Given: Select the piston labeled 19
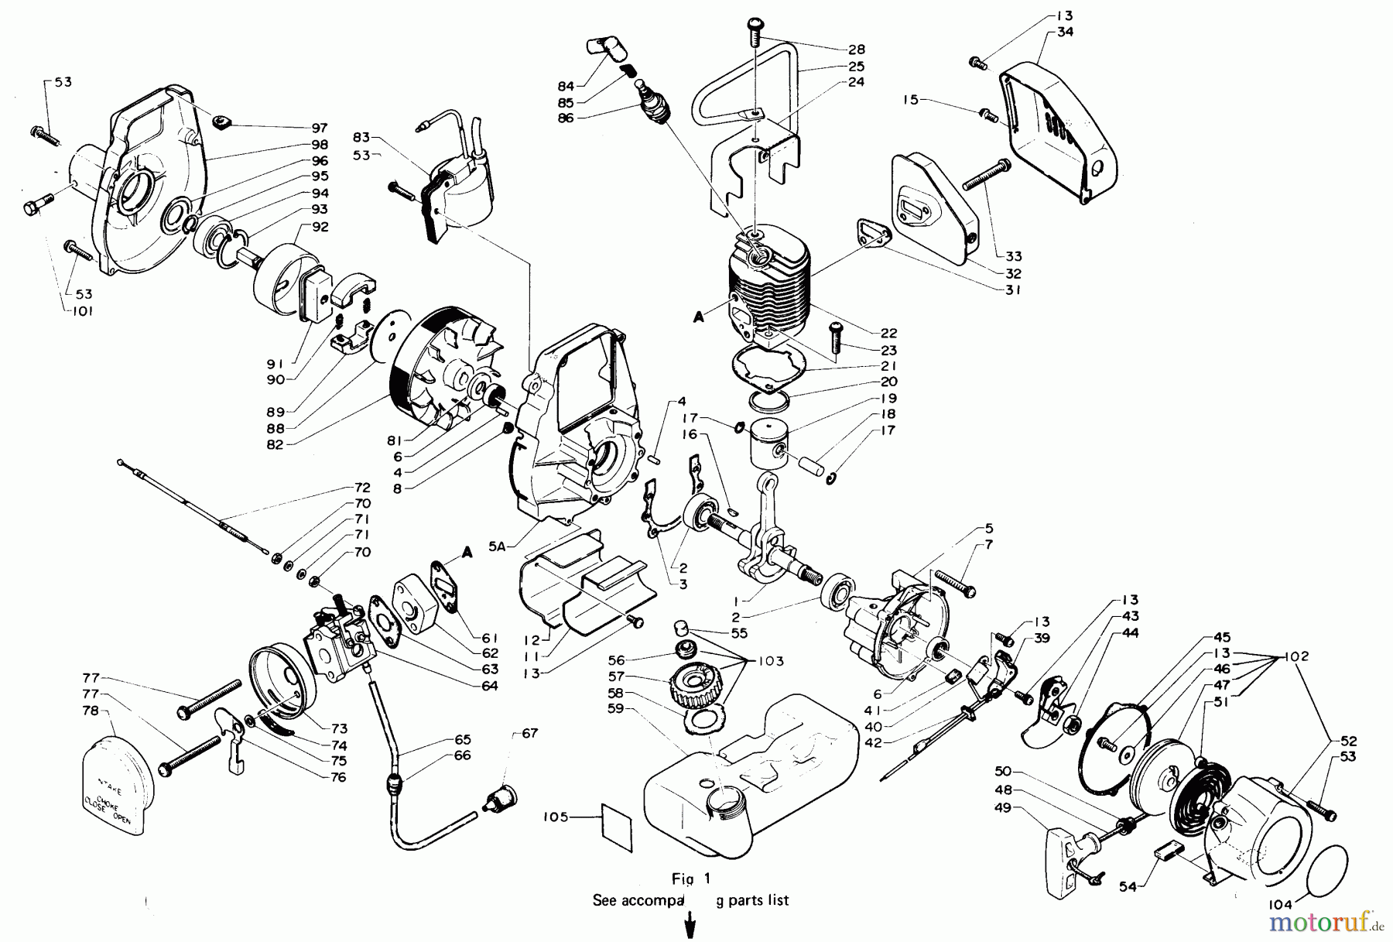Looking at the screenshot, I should [768, 445].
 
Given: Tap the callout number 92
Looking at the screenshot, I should [320, 227].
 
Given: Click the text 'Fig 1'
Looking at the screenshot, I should [691, 879].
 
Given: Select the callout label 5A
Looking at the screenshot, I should [498, 546].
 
